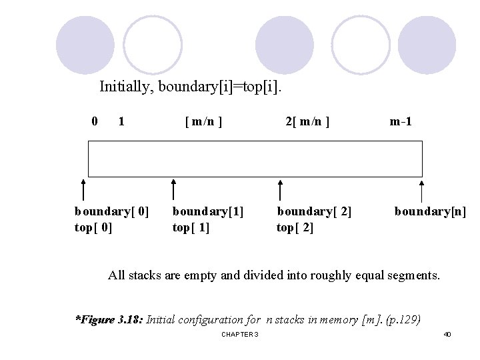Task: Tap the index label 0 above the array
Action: (95, 121)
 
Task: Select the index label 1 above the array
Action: (121, 121)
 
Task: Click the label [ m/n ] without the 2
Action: (203, 122)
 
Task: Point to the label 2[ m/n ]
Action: (307, 122)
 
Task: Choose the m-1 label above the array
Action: (401, 122)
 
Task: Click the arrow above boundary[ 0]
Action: (83, 189)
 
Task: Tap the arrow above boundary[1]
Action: (173, 189)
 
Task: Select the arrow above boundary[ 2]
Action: (281, 189)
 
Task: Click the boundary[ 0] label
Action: (111, 213)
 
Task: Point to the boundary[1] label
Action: (208, 213)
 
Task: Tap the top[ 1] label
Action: (191, 227)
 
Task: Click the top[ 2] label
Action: (295, 227)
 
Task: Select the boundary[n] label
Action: (430, 213)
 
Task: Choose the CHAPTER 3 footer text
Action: (239, 334)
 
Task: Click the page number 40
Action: (447, 334)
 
